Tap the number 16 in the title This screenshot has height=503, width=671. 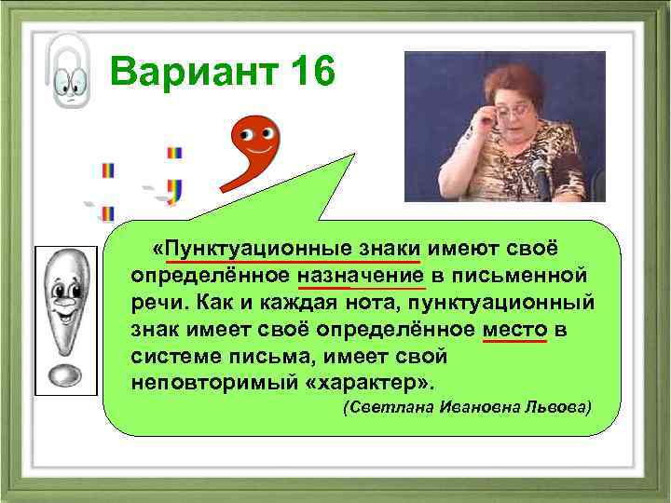tap(303, 72)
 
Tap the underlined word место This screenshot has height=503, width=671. tap(515, 331)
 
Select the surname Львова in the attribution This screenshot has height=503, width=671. tap(554, 409)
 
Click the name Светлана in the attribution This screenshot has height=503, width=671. tap(383, 409)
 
